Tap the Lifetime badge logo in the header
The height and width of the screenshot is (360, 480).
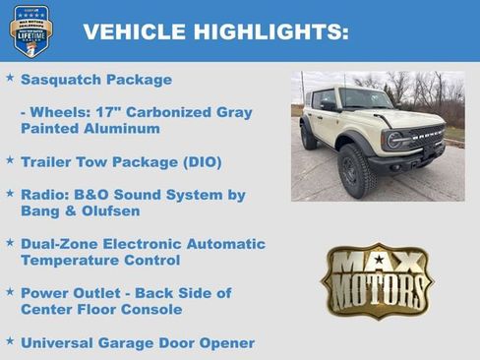click(30, 30)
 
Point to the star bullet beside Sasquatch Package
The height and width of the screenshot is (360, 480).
click(10, 78)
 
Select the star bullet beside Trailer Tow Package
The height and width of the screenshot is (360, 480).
click(10, 159)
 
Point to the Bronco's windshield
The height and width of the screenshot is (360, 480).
click(365, 100)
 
